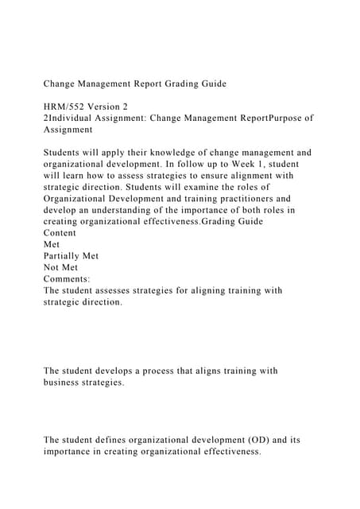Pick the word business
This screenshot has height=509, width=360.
coord(65,383)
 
